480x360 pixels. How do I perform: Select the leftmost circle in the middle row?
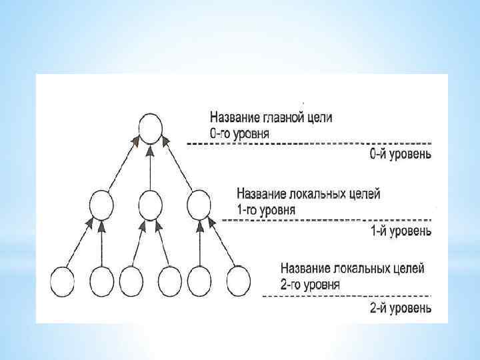(x=101, y=204)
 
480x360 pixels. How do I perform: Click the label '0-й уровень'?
(x=400, y=155)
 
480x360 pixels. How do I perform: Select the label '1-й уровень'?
(x=400, y=231)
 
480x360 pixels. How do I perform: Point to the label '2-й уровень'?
(x=400, y=308)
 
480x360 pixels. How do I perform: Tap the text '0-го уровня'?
(x=240, y=133)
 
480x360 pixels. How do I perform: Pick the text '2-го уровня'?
(x=311, y=285)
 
